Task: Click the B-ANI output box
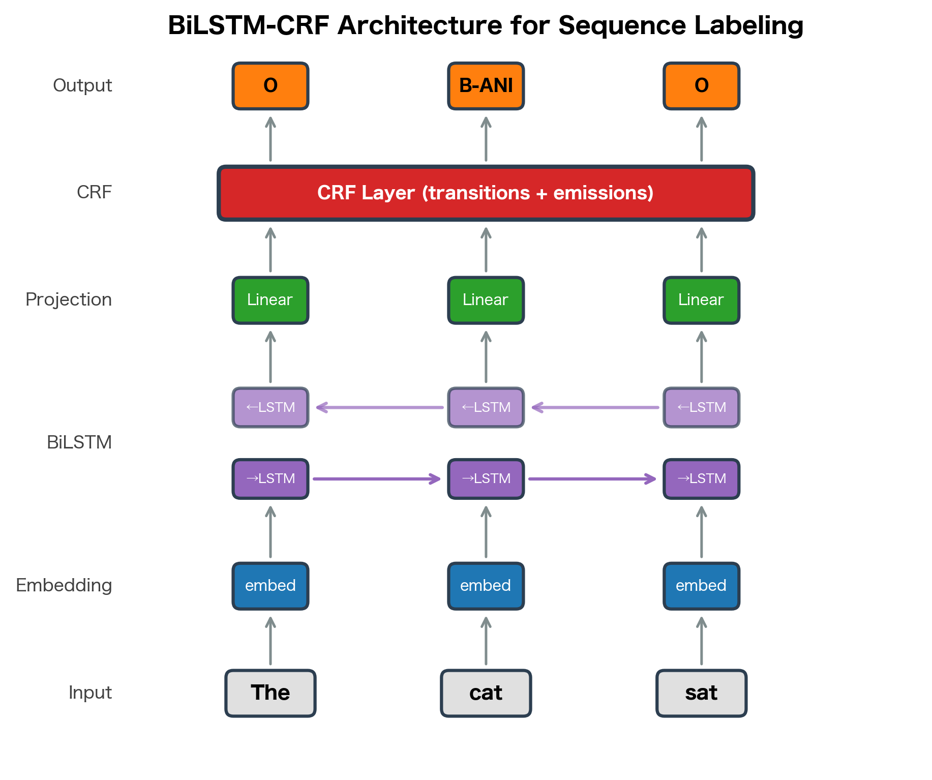pyautogui.click(x=486, y=86)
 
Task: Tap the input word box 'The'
pyautogui.click(x=270, y=693)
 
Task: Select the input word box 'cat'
pyautogui.click(x=486, y=693)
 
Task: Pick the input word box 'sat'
pyautogui.click(x=701, y=693)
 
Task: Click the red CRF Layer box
pyautogui.click(x=486, y=193)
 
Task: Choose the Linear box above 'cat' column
pyautogui.click(x=486, y=300)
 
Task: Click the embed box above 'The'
pyautogui.click(x=270, y=586)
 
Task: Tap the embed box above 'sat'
pyautogui.click(x=701, y=586)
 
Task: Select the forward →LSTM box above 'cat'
pyautogui.click(x=486, y=479)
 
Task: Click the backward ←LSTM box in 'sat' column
pyautogui.click(x=701, y=407)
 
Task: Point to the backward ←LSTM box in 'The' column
pyautogui.click(x=270, y=407)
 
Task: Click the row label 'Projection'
pyautogui.click(x=69, y=300)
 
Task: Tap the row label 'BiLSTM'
pyautogui.click(x=79, y=442)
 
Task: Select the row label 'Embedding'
pyautogui.click(x=64, y=586)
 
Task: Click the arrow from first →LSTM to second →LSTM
pyautogui.click(x=376, y=479)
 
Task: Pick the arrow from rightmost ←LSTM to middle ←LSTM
pyautogui.click(x=595, y=407)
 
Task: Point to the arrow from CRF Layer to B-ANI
pyautogui.click(x=486, y=139)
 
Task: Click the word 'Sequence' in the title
pyautogui.click(x=621, y=25)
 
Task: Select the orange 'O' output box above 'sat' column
pyautogui.click(x=701, y=86)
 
